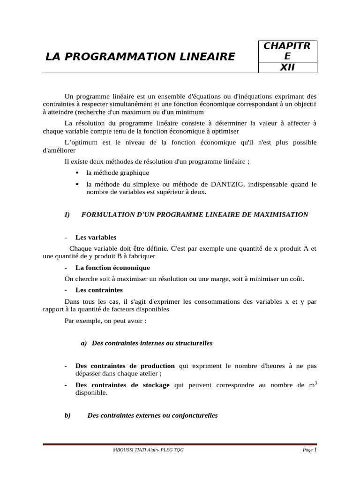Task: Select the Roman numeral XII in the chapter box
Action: [287, 67]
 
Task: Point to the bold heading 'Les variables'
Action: [96, 238]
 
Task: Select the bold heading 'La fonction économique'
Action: [112, 268]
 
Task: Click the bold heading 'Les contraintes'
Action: [99, 290]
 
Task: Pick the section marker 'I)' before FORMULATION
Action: [67, 215]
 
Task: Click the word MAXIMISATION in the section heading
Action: [281, 215]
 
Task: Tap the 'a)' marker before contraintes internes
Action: [84, 343]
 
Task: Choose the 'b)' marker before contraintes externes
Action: [67, 415]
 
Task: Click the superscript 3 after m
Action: [315, 383]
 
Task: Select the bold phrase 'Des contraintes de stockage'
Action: [122, 385]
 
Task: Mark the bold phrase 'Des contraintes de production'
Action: [125, 366]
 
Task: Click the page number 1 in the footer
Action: [315, 450]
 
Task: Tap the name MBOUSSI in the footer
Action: [122, 451]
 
